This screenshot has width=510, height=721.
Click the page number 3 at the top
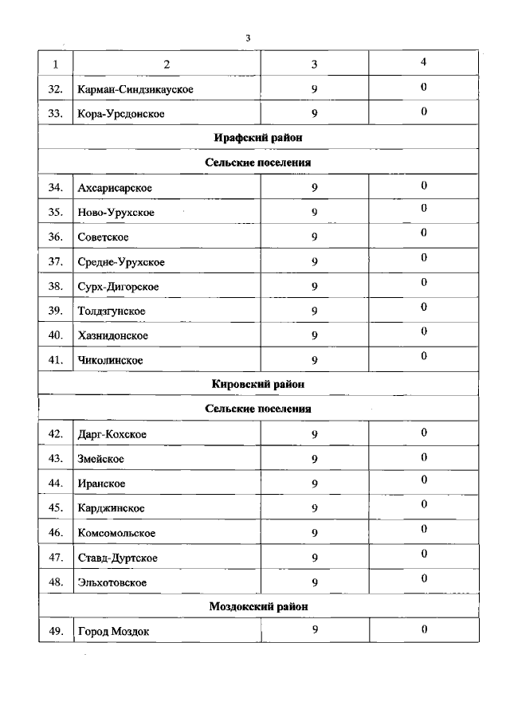[x=249, y=37]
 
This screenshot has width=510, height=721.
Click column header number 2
[x=167, y=64]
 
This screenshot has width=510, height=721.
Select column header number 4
[x=423, y=61]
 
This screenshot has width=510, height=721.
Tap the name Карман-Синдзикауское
[x=135, y=89]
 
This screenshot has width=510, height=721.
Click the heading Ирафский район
[x=258, y=138]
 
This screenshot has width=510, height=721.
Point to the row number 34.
[x=55, y=187]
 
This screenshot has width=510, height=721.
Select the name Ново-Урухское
[x=116, y=212]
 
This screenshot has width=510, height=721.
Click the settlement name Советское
[x=104, y=237]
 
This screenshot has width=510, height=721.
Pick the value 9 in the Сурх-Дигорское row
[x=315, y=286]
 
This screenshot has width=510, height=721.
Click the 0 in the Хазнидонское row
[x=424, y=331]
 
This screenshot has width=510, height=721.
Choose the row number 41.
[x=55, y=360]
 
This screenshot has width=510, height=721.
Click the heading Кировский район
[x=258, y=384]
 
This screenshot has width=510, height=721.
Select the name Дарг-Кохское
[x=112, y=433]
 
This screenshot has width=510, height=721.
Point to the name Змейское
[x=101, y=458]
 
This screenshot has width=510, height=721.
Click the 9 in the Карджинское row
[x=315, y=507]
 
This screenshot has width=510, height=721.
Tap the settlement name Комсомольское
[x=116, y=532]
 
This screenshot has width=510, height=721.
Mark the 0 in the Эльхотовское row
[x=424, y=578]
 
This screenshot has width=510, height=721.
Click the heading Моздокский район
[x=258, y=606]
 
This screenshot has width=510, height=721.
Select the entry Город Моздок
[x=114, y=632]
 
